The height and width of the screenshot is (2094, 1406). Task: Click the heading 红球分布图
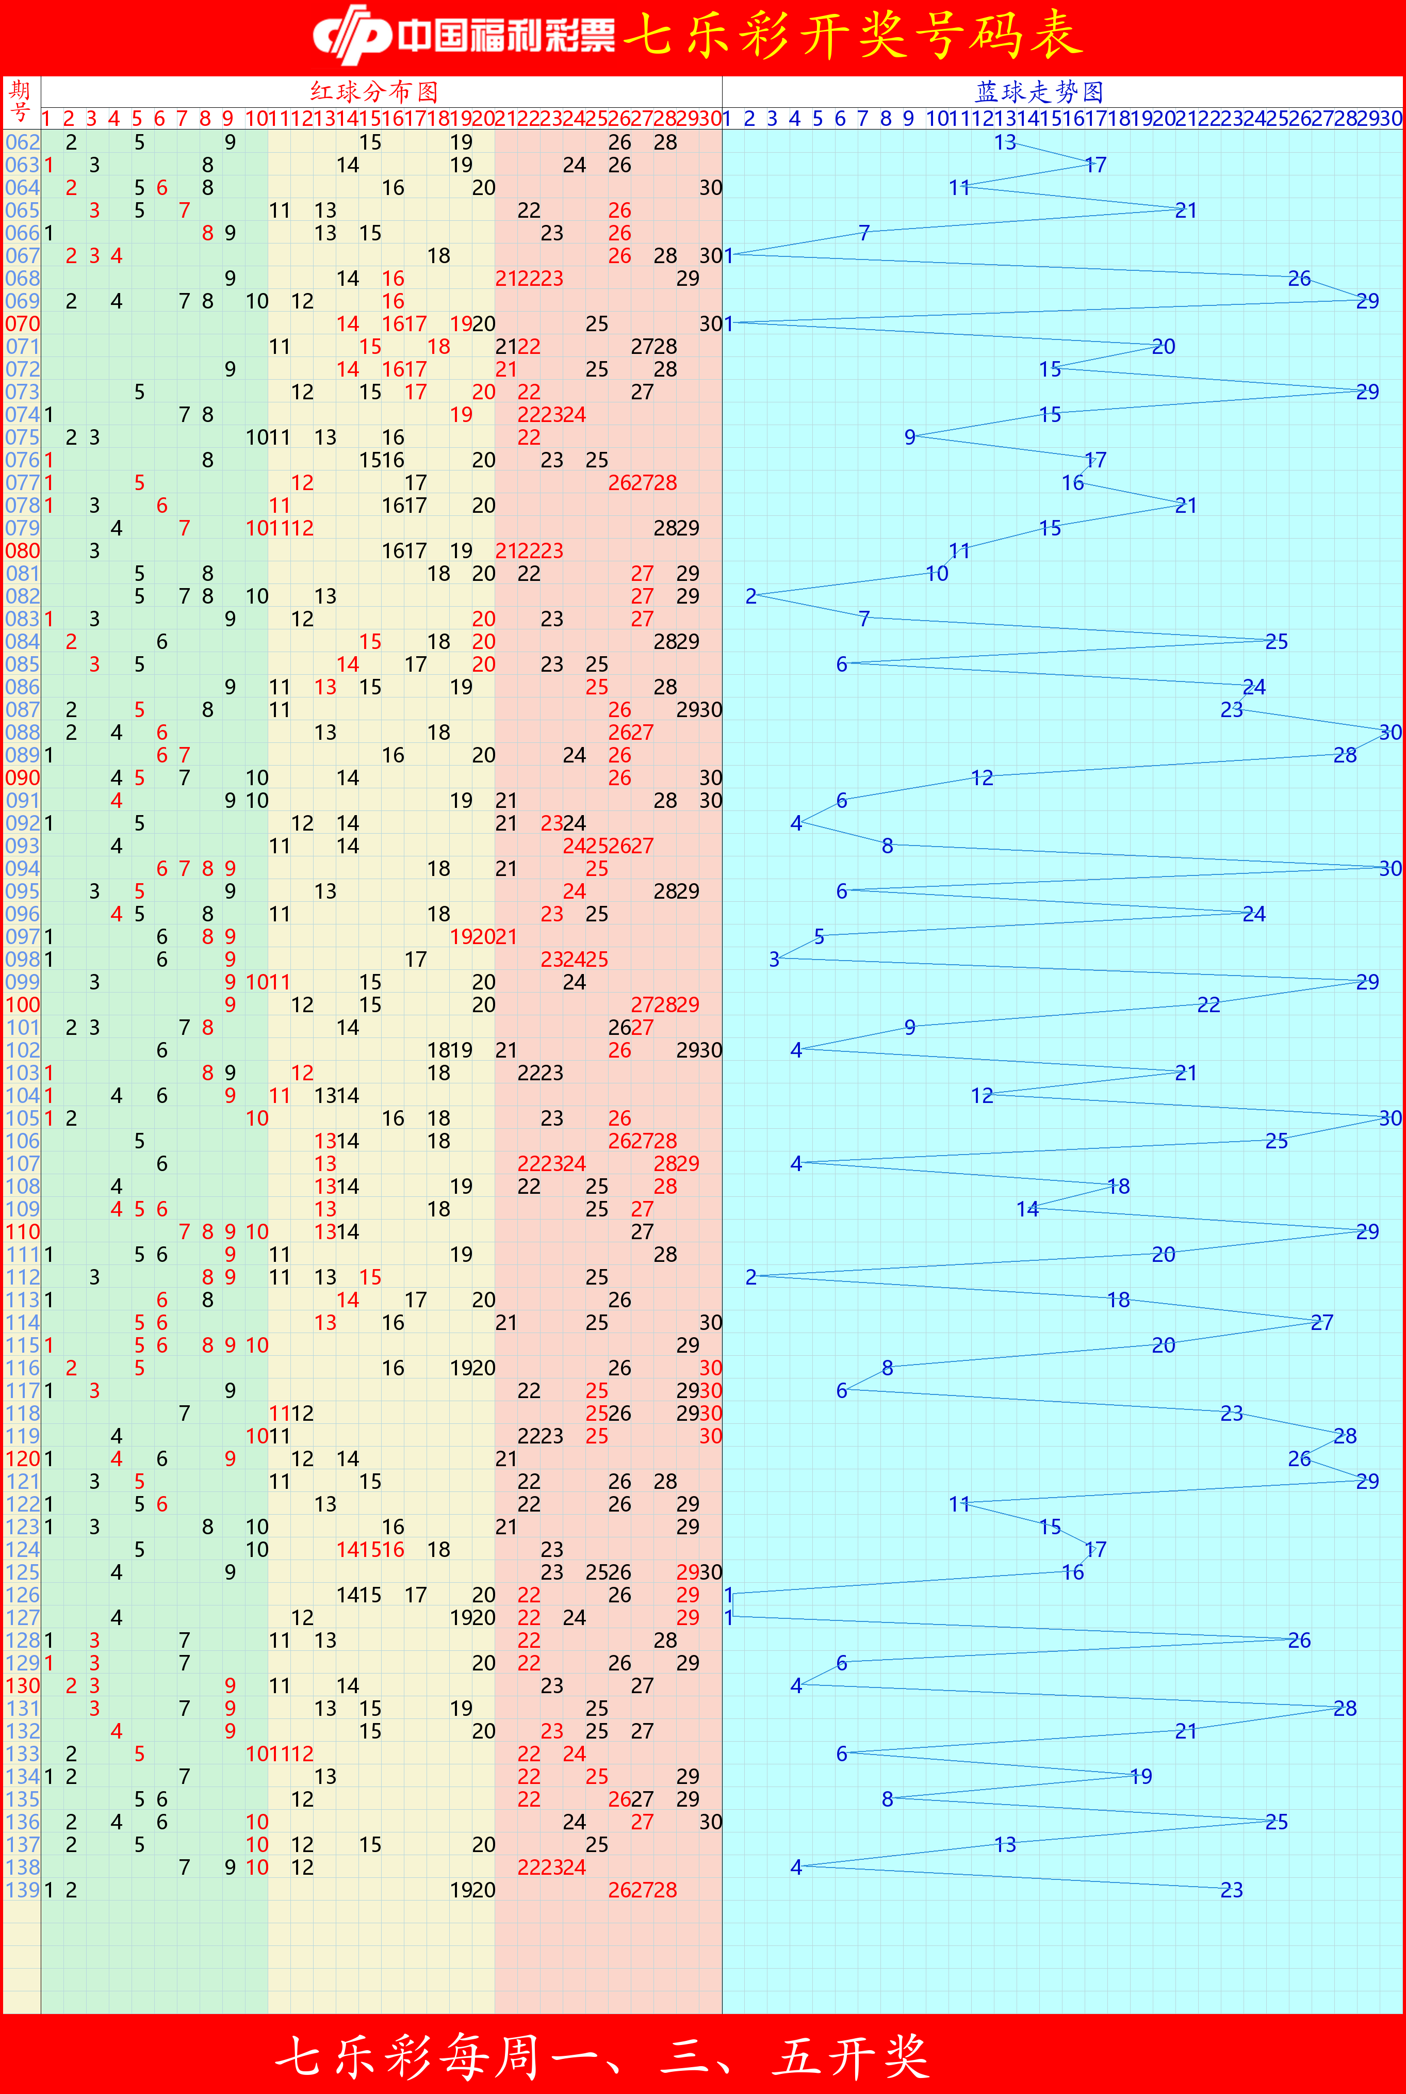(374, 91)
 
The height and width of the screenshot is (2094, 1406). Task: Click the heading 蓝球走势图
(1039, 91)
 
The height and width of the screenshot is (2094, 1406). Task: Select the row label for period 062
(22, 142)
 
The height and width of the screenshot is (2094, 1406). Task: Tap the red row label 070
(22, 324)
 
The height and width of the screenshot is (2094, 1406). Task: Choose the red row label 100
(22, 1004)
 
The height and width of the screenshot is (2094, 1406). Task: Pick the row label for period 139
(22, 1890)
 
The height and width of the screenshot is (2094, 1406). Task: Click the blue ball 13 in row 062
(1005, 142)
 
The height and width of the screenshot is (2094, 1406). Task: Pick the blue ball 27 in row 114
(1322, 1323)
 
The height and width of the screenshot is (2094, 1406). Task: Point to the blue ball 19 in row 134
(1140, 1777)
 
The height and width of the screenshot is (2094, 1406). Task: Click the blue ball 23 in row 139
(1231, 1890)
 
